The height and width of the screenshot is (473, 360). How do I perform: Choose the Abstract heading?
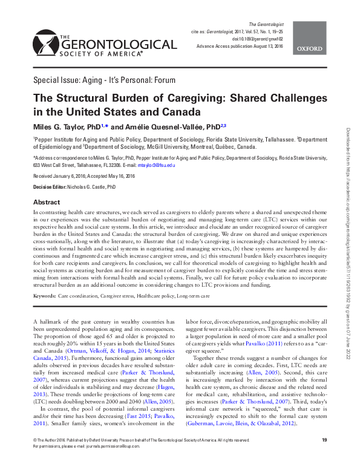tap(46, 202)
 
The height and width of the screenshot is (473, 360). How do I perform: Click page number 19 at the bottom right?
tap(324, 457)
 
